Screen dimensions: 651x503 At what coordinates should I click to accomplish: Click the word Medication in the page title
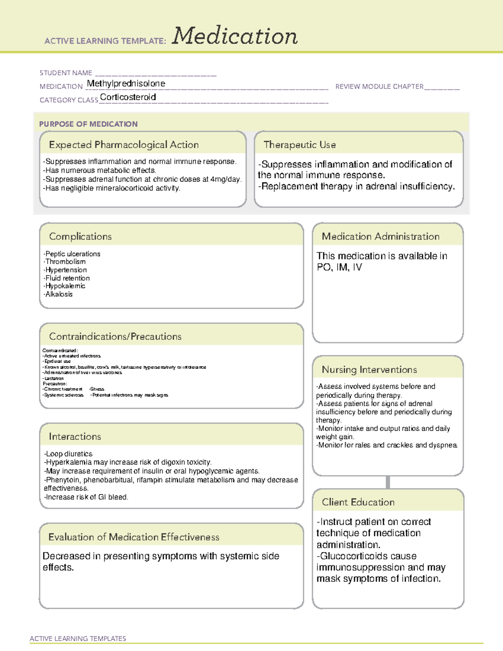(235, 36)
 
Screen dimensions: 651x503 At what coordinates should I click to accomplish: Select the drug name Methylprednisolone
(126, 84)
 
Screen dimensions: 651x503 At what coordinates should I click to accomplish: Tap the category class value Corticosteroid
(128, 97)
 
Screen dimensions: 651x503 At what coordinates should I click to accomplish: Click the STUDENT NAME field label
(66, 73)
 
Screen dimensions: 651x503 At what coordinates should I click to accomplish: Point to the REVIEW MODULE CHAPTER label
(379, 86)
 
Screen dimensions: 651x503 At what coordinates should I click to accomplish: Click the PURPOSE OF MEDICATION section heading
(88, 124)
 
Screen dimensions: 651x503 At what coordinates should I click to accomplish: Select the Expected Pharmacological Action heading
(124, 145)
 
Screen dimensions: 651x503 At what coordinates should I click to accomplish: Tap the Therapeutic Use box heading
(300, 145)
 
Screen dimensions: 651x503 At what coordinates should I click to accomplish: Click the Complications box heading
(80, 236)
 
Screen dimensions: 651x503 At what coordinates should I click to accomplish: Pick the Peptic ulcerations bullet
(72, 254)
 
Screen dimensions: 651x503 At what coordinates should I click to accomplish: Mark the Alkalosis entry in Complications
(58, 294)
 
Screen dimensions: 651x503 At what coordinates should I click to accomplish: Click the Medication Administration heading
(381, 236)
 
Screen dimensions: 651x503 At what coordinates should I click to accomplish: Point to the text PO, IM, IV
(339, 267)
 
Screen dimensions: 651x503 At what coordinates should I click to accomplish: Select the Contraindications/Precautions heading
(115, 337)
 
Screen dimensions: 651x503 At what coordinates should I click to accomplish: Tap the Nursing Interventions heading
(369, 370)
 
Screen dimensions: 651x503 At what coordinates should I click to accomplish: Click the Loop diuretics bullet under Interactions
(68, 454)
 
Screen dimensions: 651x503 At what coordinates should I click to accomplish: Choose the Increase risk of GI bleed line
(86, 497)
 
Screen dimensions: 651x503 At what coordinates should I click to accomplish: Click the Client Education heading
(358, 502)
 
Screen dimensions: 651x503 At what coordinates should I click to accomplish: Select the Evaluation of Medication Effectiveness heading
(134, 537)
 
